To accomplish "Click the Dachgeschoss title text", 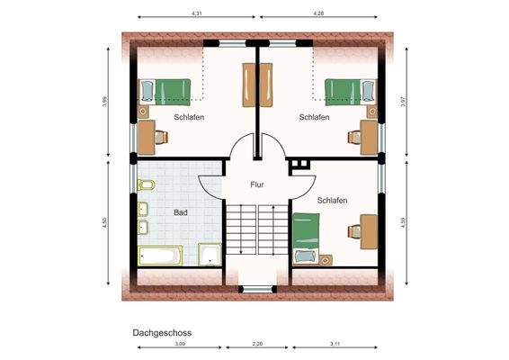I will point(162,332).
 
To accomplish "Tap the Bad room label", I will point(182,213).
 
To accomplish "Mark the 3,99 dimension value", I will point(105,103).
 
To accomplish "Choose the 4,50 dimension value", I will point(105,222).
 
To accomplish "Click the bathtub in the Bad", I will point(158,256).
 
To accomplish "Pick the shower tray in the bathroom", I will point(210,256).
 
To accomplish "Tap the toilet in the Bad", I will point(144,187).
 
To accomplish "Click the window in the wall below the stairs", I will point(257,288).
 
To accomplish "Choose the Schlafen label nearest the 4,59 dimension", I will point(333,200).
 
